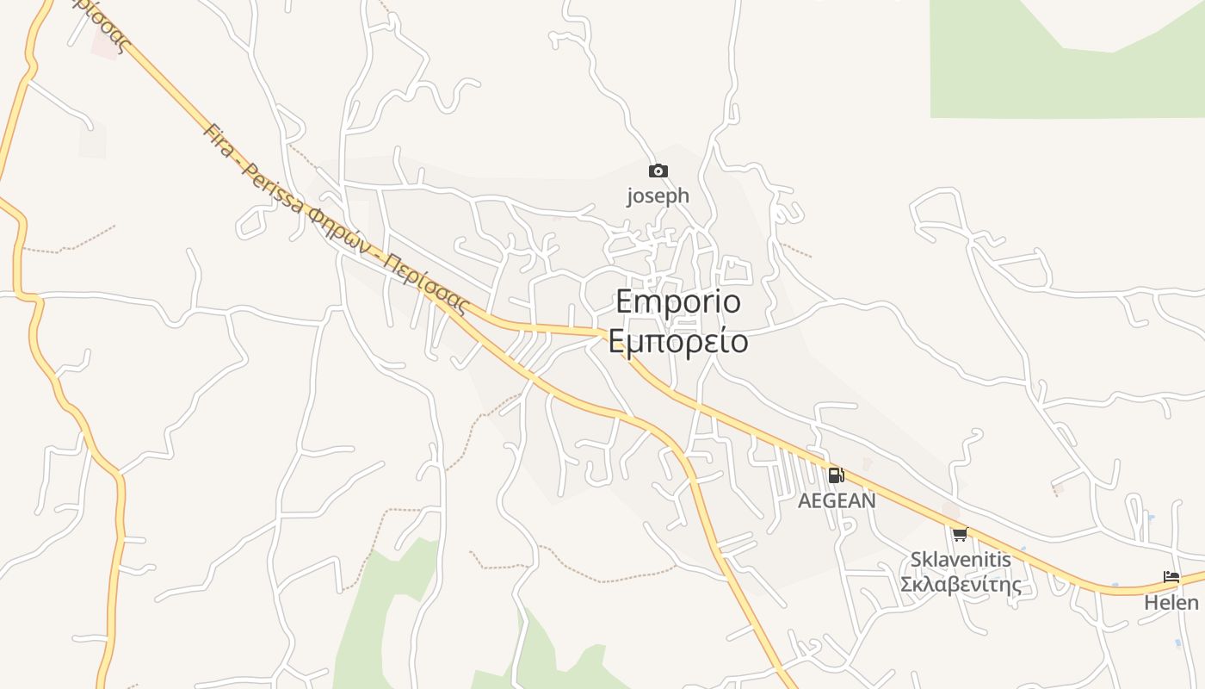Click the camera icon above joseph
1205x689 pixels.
tap(658, 171)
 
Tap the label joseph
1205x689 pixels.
tap(658, 196)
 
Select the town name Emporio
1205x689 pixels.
tap(678, 302)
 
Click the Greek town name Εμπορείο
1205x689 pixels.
tap(678, 341)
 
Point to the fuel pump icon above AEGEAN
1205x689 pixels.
tap(836, 475)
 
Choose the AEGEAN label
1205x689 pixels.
tap(837, 500)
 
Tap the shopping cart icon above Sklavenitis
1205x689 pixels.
tap(960, 534)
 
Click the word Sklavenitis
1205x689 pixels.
tap(961, 559)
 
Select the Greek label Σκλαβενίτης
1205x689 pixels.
tap(961, 585)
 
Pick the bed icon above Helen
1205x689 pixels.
tap(1171, 577)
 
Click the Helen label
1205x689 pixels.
tap(1171, 602)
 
